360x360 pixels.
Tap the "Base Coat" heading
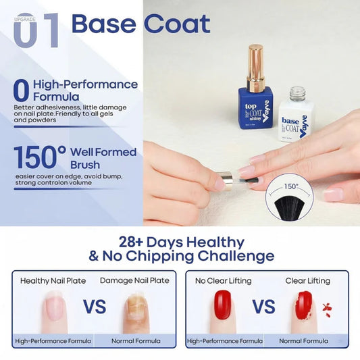[x=140, y=24]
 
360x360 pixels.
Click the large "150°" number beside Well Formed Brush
[x=39, y=157]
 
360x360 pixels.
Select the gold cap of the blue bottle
[x=255, y=68]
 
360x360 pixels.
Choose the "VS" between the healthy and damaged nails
[x=94, y=307]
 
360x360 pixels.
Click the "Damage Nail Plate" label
[x=134, y=280]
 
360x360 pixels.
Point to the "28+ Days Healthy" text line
[x=181, y=241]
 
